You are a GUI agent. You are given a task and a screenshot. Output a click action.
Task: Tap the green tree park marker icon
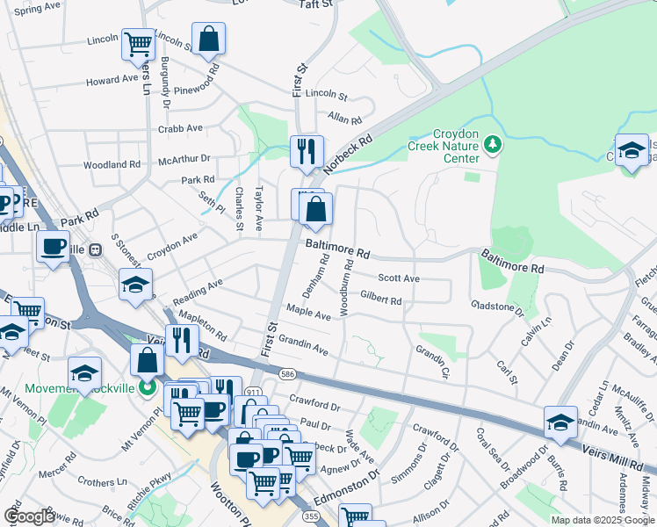[493, 142]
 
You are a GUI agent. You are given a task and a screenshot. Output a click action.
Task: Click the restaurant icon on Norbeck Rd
[307, 151]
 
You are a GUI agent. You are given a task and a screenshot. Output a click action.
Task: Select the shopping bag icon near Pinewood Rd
[209, 39]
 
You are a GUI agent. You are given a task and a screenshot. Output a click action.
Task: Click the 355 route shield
[313, 517]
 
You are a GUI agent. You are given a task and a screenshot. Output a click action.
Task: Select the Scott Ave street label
[398, 278]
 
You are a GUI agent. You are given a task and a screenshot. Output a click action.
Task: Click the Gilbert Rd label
[380, 300]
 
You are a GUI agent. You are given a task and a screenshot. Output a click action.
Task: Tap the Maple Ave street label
[308, 312]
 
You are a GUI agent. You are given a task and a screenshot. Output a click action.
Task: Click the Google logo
[29, 516]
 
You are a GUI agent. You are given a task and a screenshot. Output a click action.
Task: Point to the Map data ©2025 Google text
[603, 520]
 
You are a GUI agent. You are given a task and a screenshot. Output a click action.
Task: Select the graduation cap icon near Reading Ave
[135, 285]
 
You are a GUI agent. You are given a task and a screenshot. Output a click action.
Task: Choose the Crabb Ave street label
[180, 128]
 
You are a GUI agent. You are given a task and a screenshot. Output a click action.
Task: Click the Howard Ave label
[112, 80]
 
